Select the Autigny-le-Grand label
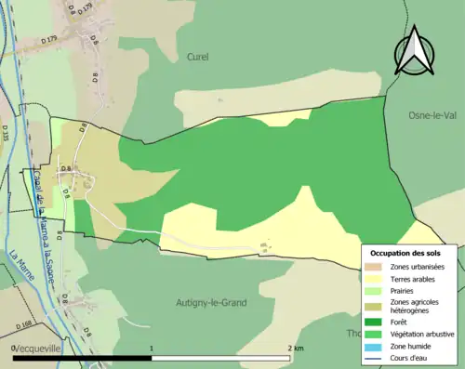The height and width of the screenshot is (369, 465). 212,302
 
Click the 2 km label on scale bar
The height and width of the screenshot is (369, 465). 296,348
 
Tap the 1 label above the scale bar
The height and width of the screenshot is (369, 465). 152,348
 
